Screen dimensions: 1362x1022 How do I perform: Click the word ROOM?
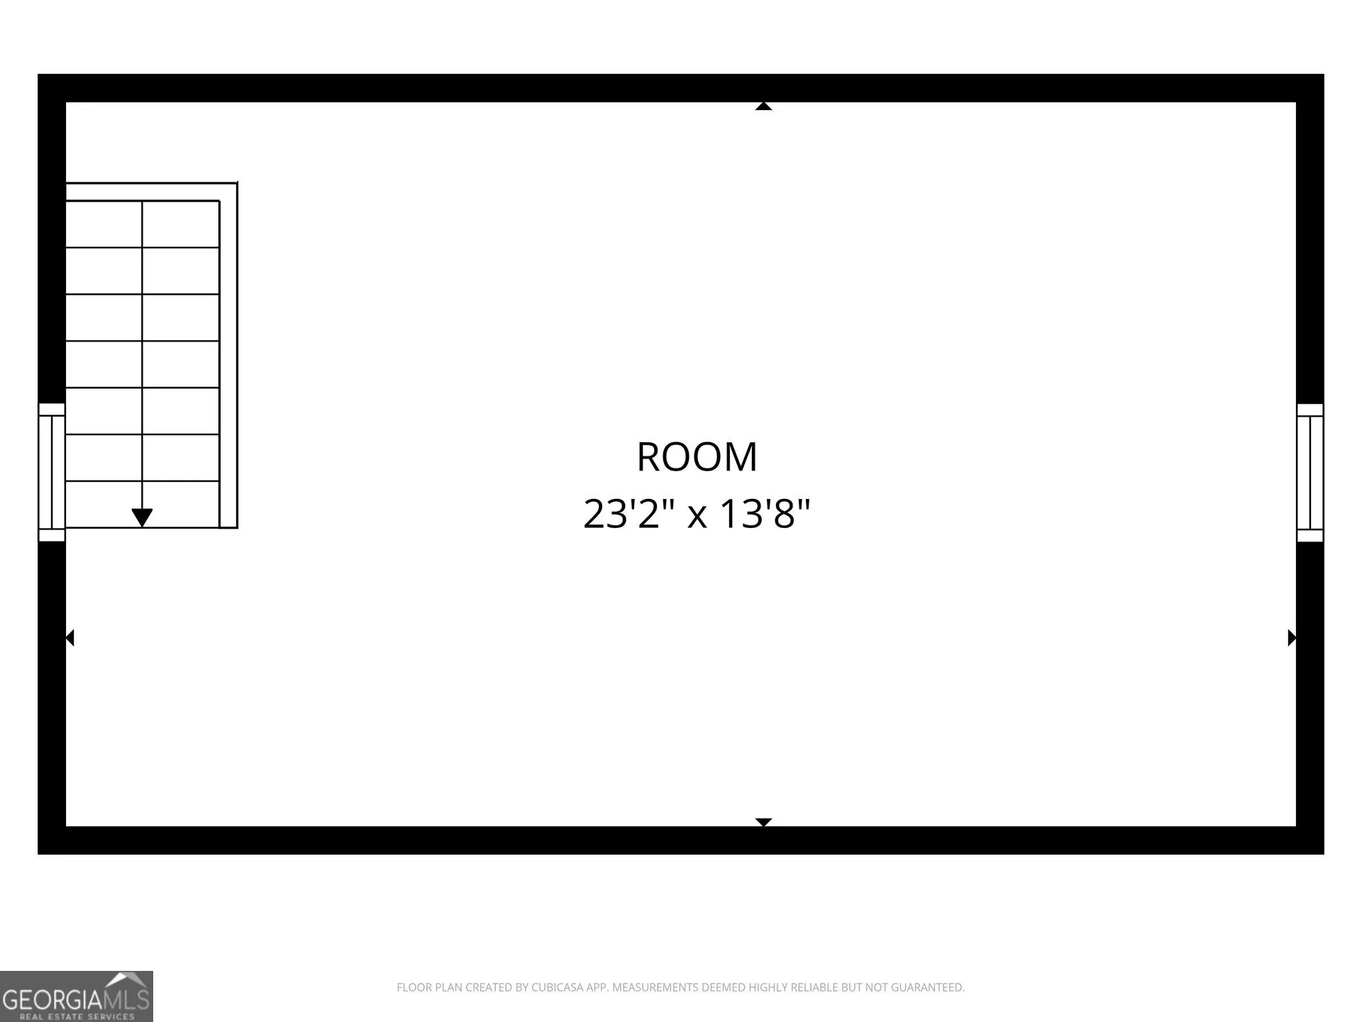pos(697,456)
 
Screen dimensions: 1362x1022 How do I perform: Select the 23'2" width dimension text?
pos(629,514)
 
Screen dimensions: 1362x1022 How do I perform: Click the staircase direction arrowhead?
pos(143,518)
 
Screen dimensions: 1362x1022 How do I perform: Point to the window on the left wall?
pos(52,473)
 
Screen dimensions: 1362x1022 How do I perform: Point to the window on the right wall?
pos(1310,473)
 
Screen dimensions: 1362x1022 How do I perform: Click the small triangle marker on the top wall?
pos(763,106)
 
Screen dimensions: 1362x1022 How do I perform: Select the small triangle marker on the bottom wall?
pos(763,822)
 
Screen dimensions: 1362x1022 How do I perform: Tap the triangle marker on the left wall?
pos(70,638)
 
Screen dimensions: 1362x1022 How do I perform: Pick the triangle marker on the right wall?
pos(1292,638)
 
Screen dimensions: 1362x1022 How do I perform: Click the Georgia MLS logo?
pos(77,996)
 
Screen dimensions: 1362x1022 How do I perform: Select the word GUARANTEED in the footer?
pos(929,987)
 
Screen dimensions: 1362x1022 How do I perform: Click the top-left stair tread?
pos(104,224)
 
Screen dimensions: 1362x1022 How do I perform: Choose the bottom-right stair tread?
pos(181,505)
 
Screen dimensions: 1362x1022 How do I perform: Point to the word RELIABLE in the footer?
pos(814,987)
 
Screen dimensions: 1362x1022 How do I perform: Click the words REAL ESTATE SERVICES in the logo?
pos(77,1016)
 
